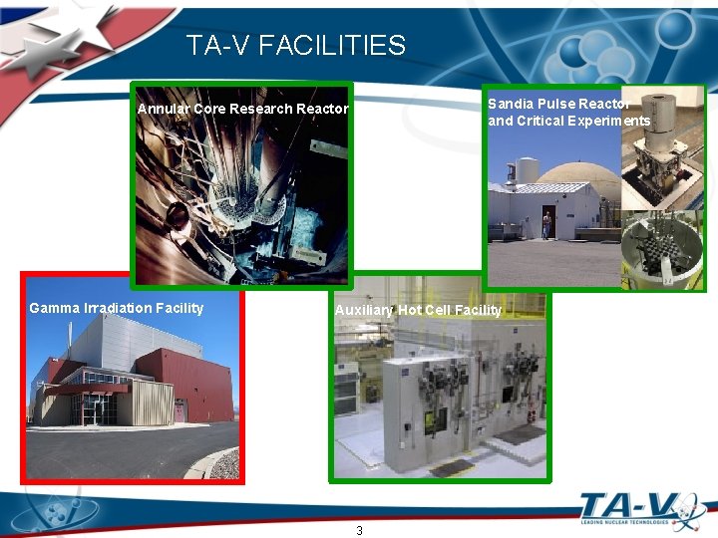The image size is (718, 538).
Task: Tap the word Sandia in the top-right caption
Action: click(x=510, y=104)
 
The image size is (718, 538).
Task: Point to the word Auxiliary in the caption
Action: click(x=364, y=310)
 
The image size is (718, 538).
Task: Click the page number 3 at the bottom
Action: click(x=359, y=530)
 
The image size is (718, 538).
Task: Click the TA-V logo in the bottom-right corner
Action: click(x=638, y=511)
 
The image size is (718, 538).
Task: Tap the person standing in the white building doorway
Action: click(x=546, y=223)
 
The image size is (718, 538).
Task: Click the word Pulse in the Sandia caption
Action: click(x=555, y=104)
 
